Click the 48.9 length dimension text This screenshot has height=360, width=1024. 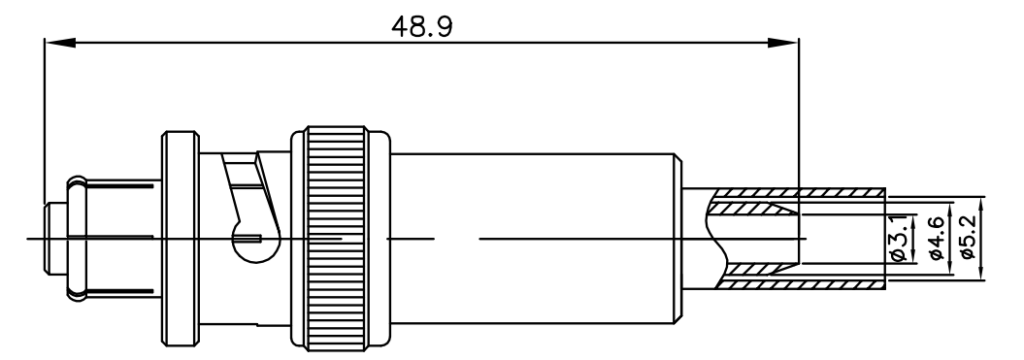pos(421,27)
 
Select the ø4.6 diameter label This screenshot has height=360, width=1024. pos(936,239)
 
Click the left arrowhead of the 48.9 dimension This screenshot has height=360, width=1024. pos(59,43)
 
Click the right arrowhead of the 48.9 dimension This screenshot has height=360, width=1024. pos(782,43)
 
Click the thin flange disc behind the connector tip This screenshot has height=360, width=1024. pos(180,238)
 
